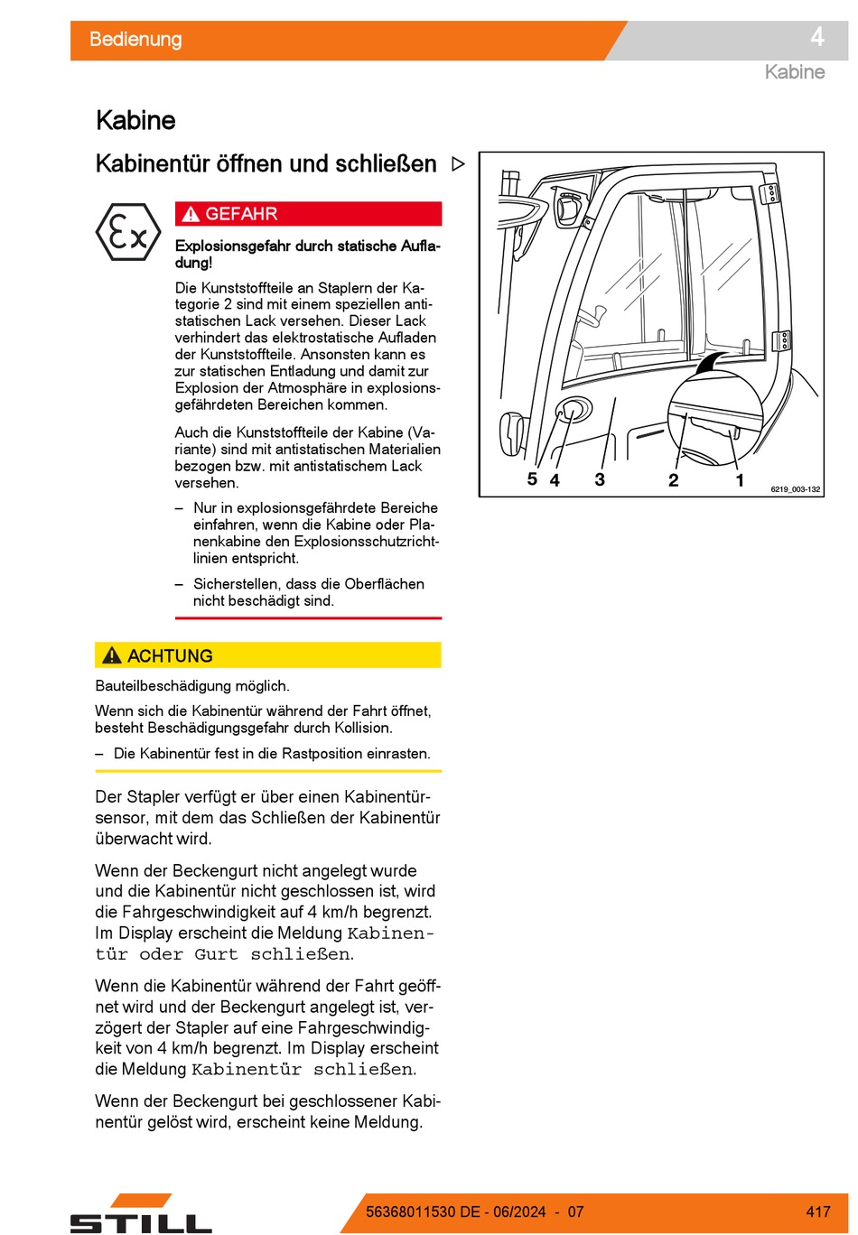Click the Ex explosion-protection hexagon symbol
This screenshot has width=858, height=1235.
(x=129, y=233)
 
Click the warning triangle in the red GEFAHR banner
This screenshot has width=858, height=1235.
(x=190, y=215)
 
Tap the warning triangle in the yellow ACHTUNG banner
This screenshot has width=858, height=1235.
(x=112, y=655)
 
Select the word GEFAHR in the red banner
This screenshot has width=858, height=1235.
(x=241, y=214)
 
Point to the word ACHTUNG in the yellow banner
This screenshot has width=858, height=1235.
(x=170, y=656)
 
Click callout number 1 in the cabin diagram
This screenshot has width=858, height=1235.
(x=740, y=480)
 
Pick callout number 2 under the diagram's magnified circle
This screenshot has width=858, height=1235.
(x=673, y=480)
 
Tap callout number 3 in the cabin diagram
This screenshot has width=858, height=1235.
(x=600, y=479)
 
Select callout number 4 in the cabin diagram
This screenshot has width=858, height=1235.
(x=555, y=480)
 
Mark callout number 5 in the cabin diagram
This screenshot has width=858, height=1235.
(x=532, y=479)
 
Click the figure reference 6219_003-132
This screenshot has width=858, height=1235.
(x=796, y=489)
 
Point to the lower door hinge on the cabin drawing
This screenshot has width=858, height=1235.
(x=784, y=340)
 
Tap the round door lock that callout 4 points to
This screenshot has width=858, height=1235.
(x=574, y=411)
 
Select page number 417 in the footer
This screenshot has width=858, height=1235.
(x=818, y=1212)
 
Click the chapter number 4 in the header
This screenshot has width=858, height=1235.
(x=816, y=37)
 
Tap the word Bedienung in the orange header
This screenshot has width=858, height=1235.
(x=135, y=40)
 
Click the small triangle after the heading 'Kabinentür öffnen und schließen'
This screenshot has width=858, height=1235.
(x=458, y=164)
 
